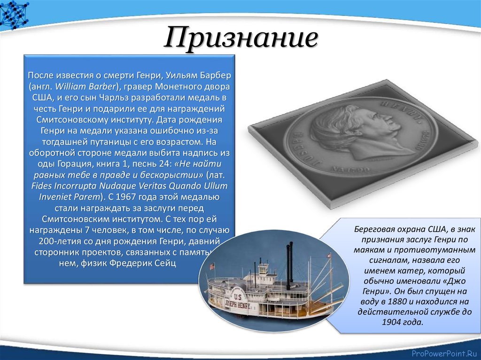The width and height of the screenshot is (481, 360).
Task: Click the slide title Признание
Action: tap(240, 38)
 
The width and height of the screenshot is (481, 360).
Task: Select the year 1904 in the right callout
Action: tap(392, 322)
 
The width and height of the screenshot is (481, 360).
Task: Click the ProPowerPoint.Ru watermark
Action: tap(444, 353)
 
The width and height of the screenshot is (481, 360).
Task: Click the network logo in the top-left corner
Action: tap(14, 14)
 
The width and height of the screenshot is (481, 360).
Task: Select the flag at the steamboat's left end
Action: tap(212, 266)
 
